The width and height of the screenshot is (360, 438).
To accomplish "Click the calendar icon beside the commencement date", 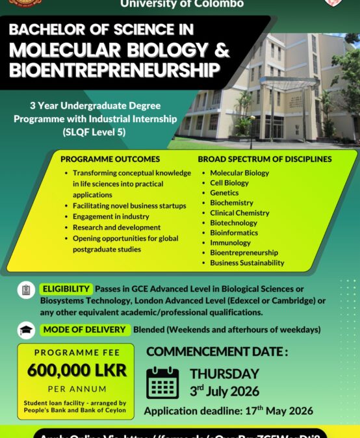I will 162,383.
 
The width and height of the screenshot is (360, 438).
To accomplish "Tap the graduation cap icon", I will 26,329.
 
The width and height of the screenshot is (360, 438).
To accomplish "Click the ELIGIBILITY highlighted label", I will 66,289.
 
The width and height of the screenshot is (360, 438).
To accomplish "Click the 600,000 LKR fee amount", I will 77,370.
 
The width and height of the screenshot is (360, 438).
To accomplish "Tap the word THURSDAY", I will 224,374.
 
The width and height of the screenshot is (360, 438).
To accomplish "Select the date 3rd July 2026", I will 224,391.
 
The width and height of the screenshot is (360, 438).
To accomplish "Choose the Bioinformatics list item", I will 233,233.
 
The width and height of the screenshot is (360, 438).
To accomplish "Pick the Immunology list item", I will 230,242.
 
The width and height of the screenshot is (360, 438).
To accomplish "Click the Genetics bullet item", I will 224,193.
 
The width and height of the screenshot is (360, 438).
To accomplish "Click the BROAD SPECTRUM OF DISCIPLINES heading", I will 264,159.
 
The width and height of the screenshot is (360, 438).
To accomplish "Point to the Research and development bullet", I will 116,227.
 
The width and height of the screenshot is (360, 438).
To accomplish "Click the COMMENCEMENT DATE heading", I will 216,352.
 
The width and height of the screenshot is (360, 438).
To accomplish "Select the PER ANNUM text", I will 76,389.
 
